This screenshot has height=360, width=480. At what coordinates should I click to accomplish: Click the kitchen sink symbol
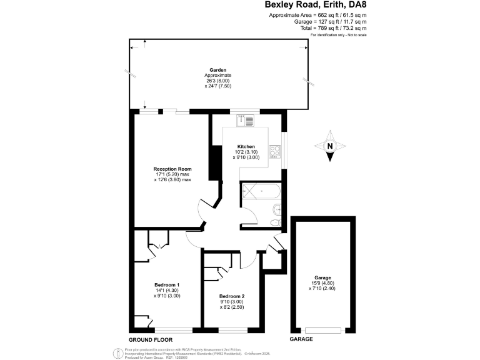tap(245, 121)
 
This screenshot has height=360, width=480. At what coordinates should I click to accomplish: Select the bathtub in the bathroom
tap(259, 188)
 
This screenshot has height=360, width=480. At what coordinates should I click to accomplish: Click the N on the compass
tap(330, 147)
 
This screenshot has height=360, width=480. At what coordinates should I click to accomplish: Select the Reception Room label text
tap(172, 169)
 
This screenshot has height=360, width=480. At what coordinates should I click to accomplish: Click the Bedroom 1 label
tap(149, 285)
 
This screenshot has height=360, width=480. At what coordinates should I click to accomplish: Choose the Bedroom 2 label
tap(232, 296)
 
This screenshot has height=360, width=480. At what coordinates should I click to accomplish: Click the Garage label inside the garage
tap(322, 277)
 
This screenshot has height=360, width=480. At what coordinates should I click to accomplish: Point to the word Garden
tap(217, 70)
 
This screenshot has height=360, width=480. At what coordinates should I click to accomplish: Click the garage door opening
tap(323, 329)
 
